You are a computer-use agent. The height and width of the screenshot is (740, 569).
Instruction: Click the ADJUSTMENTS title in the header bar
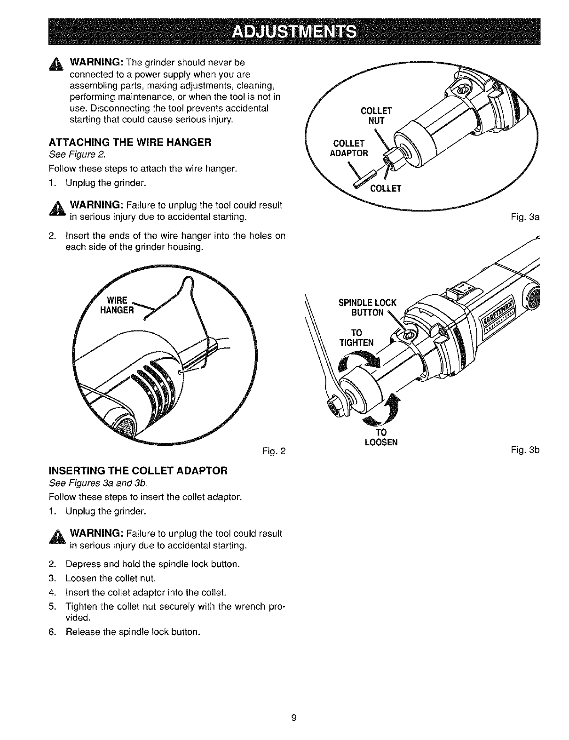(x=295, y=32)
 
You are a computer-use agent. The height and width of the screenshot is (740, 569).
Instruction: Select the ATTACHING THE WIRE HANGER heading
(x=134, y=142)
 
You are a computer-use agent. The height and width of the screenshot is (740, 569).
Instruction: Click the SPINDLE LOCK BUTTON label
(x=367, y=307)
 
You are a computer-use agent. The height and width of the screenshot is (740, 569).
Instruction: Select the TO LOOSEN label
(x=381, y=437)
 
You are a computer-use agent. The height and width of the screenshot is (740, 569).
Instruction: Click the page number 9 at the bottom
(x=293, y=718)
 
